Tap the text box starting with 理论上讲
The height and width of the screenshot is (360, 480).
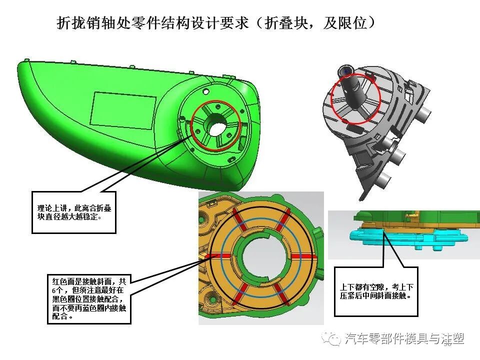[74, 212]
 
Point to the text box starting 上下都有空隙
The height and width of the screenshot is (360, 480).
[376, 291]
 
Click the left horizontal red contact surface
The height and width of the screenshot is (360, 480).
[219, 255]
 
